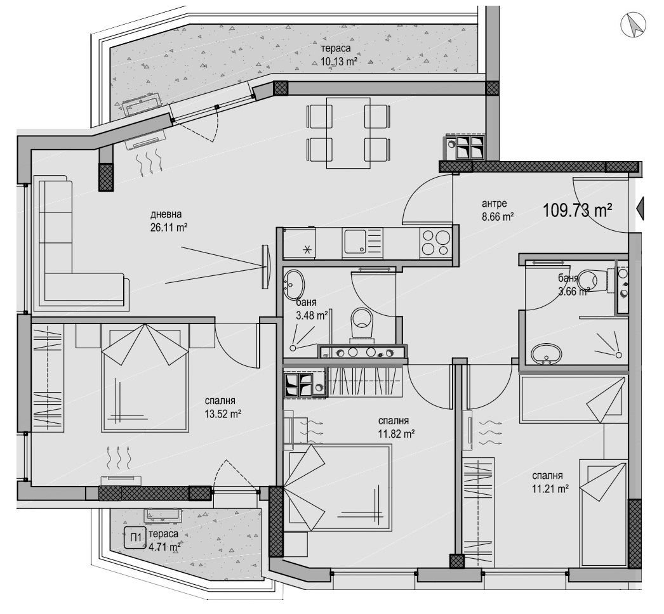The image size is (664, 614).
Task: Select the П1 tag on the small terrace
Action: pyautogui.click(x=135, y=536)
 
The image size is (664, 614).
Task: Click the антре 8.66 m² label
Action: pyautogui.click(x=497, y=210)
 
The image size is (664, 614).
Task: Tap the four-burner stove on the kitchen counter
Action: pyautogui.click(x=435, y=242)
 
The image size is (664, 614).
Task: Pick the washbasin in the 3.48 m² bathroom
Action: pyautogui.click(x=295, y=280)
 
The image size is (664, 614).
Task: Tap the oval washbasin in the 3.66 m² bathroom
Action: pyautogui.click(x=545, y=354)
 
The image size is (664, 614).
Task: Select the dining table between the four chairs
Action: pyautogui.click(x=348, y=133)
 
